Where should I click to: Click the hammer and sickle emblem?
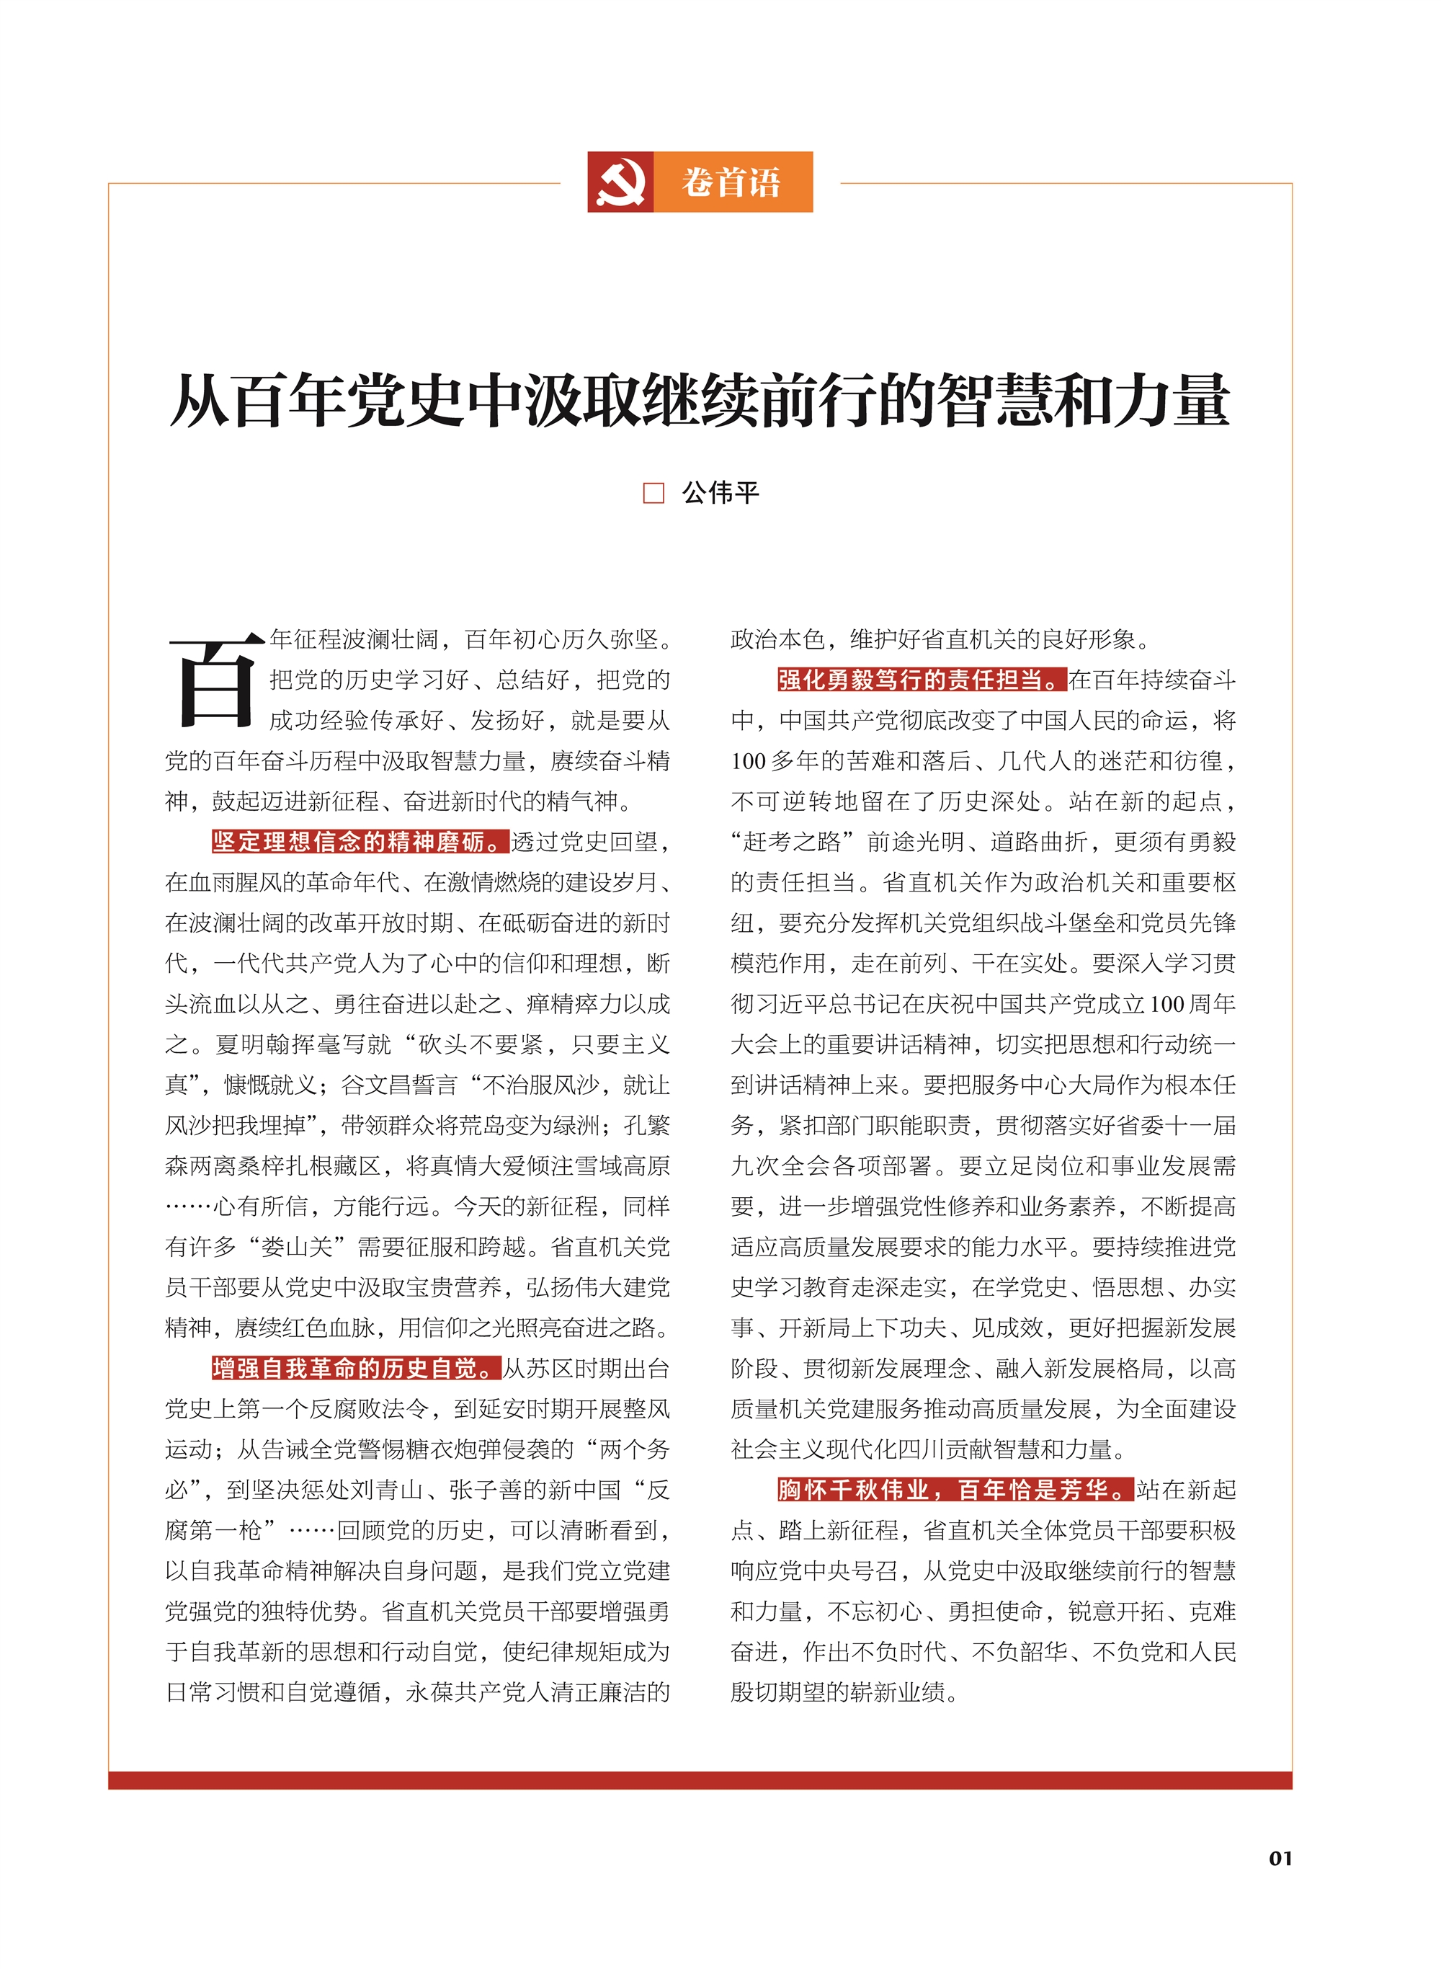coord(620,182)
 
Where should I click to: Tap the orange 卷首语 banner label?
coord(732,182)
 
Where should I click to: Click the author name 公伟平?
coord(720,493)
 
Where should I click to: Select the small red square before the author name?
coord(653,493)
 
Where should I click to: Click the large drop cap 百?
coord(215,681)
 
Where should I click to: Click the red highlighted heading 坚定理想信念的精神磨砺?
coord(360,842)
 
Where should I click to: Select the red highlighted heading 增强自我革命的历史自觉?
coord(356,1368)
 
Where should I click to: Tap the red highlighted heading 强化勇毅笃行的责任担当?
coord(921,680)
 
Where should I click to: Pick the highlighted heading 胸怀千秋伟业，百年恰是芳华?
coord(955,1489)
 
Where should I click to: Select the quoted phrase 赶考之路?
coord(791,842)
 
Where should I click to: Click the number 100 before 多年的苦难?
coord(748,761)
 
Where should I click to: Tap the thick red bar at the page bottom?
coord(700,1781)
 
